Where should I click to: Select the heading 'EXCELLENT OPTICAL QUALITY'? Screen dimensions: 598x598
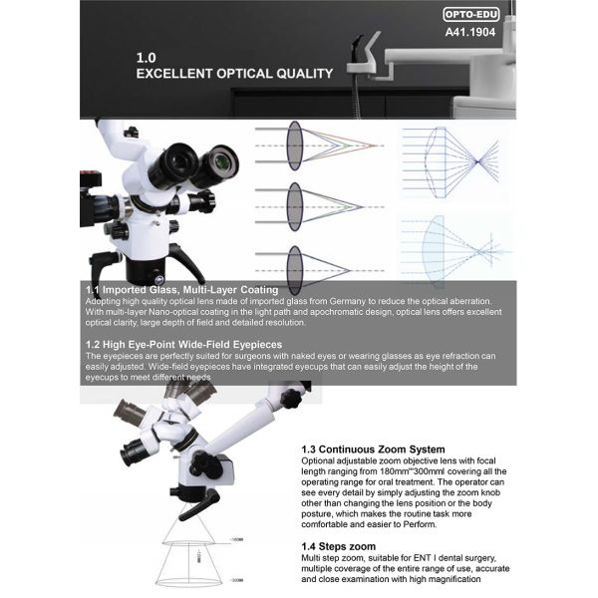233,74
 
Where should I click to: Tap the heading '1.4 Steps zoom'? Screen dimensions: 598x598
339,546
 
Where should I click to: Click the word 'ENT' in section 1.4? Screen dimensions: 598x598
438,558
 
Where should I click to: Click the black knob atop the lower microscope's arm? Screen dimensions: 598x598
290,398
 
